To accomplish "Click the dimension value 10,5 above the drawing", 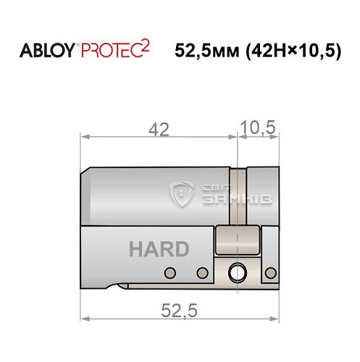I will tap(259, 128).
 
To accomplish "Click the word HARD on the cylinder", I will tap(159, 248).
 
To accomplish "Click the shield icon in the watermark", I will tap(180, 194).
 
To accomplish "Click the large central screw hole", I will tap(237, 273).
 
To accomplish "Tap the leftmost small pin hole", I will tap(170, 273).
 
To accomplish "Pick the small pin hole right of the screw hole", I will tap(269, 273).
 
